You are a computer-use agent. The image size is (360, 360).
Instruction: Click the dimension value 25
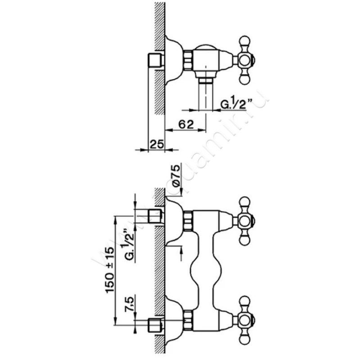coord(156,144)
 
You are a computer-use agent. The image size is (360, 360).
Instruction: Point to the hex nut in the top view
coord(188,59)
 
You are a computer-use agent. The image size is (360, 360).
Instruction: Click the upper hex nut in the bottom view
coord(188,220)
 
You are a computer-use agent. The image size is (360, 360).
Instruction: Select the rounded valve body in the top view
coord(209,58)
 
